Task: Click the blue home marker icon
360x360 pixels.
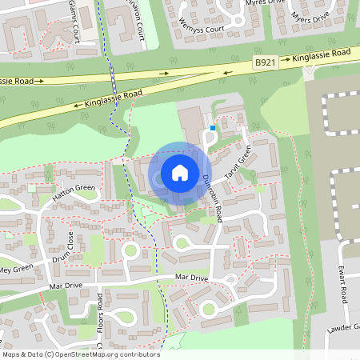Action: tap(180, 172)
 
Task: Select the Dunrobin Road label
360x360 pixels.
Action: tap(212, 198)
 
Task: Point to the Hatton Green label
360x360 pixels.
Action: tap(74, 193)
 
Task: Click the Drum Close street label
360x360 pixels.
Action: tap(62, 247)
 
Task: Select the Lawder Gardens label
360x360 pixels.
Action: tap(343, 329)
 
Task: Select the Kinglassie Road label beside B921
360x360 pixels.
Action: tap(321, 54)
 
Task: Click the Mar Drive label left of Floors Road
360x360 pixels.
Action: tap(66, 285)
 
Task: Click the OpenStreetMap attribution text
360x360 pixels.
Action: tap(80, 354)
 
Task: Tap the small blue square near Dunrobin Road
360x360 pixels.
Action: tap(213, 126)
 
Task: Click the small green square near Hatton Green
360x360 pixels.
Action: tap(31, 188)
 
